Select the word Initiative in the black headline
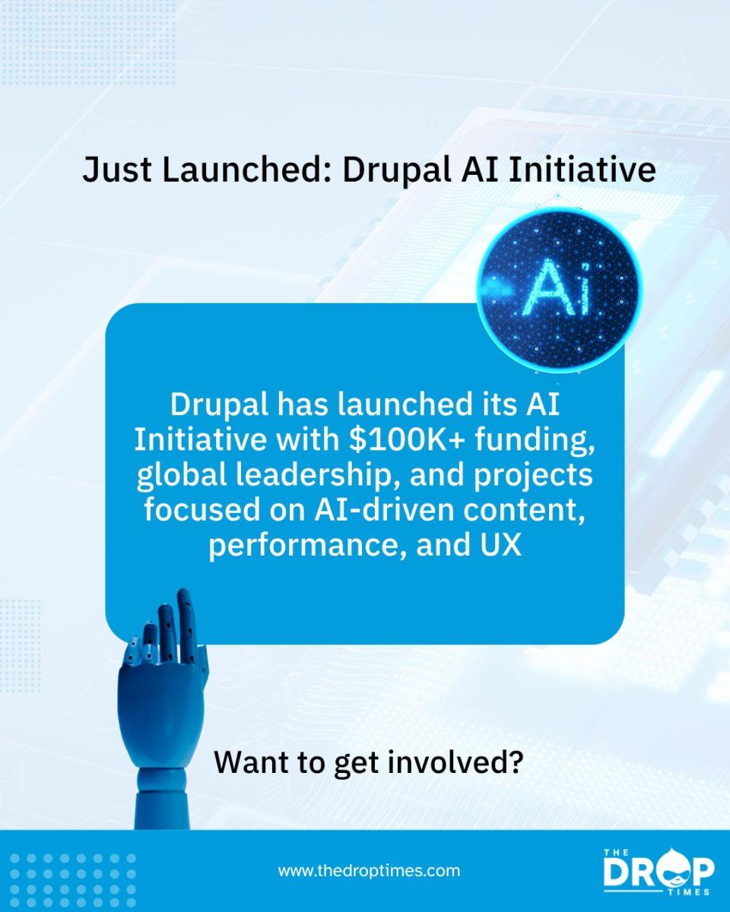coord(582,170)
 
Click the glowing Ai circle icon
coord(558,290)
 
